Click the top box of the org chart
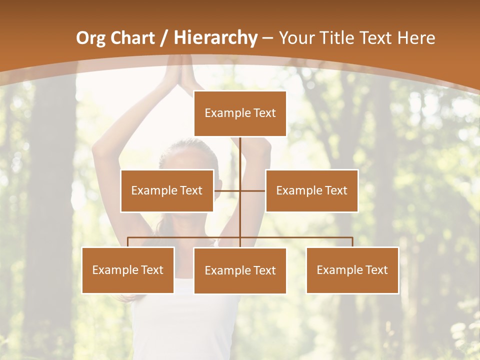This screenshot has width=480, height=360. click(240, 113)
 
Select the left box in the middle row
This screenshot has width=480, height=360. click(167, 190)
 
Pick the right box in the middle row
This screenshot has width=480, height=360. click(311, 190)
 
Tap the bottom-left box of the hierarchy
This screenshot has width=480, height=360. click(128, 270)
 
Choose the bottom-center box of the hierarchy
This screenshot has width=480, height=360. click(240, 270)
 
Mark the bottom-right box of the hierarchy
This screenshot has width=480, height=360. click(352, 270)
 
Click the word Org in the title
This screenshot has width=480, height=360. click(91, 38)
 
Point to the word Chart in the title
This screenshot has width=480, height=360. click(133, 38)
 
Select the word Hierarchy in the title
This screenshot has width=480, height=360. click(215, 38)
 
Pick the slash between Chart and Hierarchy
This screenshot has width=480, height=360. click(163, 38)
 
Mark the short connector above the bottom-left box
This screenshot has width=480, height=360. click(128, 242)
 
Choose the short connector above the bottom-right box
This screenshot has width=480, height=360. click(352, 242)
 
